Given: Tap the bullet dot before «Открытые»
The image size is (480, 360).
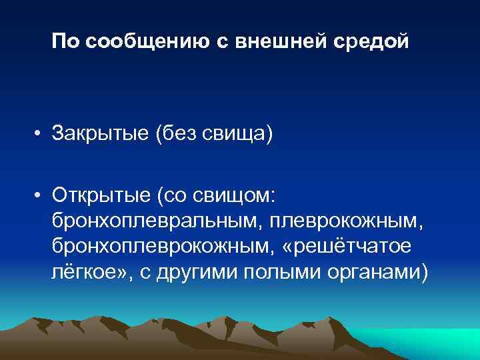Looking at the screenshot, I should (41, 194).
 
